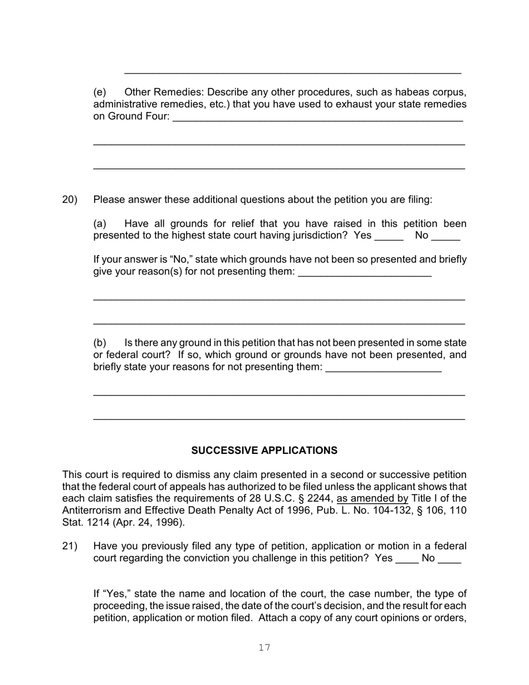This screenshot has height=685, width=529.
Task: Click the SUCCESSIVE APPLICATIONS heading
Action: (264, 451)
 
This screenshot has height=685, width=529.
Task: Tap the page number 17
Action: (264, 647)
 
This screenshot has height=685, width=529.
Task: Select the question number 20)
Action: (70, 200)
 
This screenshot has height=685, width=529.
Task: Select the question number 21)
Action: (70, 546)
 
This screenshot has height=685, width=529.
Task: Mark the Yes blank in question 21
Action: (406, 559)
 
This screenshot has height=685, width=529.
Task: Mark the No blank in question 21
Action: (449, 559)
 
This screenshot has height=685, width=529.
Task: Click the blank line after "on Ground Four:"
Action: (317, 118)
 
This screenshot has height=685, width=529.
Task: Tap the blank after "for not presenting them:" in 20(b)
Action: (383, 368)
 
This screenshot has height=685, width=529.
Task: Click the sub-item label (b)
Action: (100, 343)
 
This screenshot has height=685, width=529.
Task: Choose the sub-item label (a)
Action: (100, 224)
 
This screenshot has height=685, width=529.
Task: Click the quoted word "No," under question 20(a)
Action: (181, 260)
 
